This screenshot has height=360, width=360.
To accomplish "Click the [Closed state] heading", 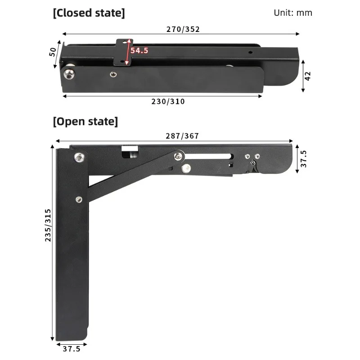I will (x=89, y=13).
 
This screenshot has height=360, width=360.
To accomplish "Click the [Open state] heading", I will (x=85, y=121).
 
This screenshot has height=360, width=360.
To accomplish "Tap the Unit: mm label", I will (x=292, y=13).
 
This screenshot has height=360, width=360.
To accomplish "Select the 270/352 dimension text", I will (x=183, y=29).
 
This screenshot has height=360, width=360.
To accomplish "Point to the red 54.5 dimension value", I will (x=139, y=50).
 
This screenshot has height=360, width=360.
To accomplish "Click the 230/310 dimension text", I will (x=167, y=102).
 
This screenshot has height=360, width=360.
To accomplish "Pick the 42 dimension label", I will (x=308, y=76).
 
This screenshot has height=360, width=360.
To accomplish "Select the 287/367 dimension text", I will (x=182, y=136).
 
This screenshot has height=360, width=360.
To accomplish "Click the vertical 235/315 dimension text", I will (x=48, y=225).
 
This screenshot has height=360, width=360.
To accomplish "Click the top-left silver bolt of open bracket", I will (x=79, y=157).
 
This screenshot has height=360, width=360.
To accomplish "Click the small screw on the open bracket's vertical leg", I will (x=79, y=200).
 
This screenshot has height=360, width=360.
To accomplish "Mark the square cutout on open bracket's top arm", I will (x=130, y=152).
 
